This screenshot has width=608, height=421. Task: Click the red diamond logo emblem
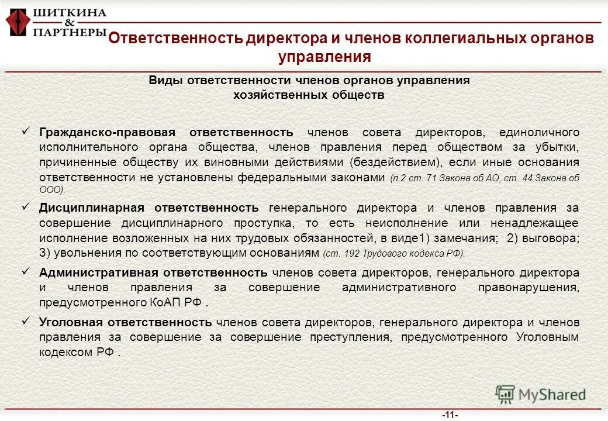click(18, 22)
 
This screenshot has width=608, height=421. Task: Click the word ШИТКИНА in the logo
click(70, 12)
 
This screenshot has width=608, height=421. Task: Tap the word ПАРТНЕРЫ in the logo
click(70, 33)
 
